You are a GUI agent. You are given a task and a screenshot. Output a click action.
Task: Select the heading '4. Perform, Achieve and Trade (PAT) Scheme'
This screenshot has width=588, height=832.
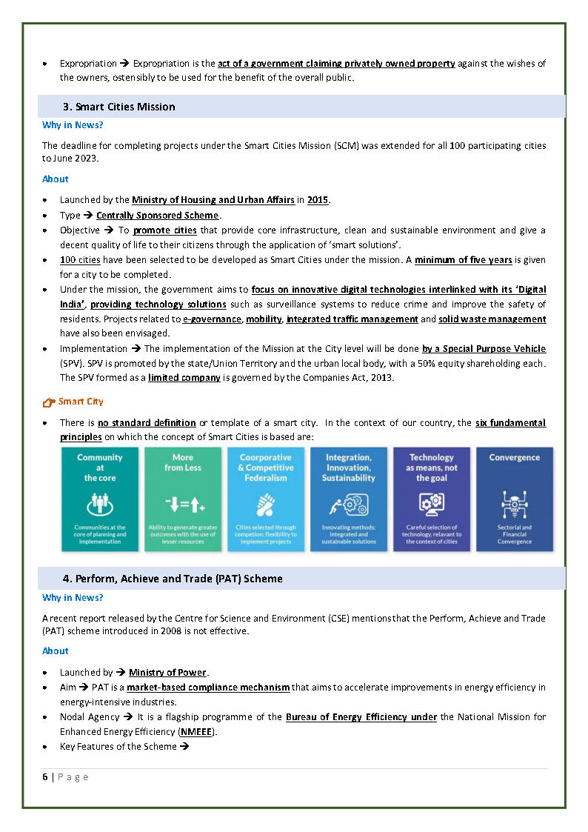click(173, 579)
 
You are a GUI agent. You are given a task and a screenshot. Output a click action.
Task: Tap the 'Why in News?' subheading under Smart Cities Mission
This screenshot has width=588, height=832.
click(73, 125)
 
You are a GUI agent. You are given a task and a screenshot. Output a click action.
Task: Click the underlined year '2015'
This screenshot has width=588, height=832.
click(318, 200)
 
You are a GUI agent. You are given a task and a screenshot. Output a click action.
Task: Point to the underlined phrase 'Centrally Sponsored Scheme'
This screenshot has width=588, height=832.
click(157, 216)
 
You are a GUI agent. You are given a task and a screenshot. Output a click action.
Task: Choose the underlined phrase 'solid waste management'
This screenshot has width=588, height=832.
click(492, 319)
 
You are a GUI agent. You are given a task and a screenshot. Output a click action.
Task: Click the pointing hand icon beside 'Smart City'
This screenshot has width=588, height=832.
click(49, 402)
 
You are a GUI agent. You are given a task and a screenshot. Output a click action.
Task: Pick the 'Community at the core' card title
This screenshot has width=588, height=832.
click(100, 467)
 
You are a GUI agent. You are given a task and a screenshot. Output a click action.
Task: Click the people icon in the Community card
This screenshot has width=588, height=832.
click(100, 505)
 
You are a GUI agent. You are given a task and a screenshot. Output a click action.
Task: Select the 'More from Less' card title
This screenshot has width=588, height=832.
click(183, 462)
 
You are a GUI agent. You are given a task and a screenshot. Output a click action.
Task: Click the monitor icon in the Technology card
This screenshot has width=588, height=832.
click(432, 505)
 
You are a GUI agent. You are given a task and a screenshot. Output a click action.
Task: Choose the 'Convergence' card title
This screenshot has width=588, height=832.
click(515, 458)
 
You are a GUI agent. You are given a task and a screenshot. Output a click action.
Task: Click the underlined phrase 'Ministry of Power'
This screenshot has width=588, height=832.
click(167, 673)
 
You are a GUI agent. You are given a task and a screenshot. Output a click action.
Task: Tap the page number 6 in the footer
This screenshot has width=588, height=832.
click(45, 777)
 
